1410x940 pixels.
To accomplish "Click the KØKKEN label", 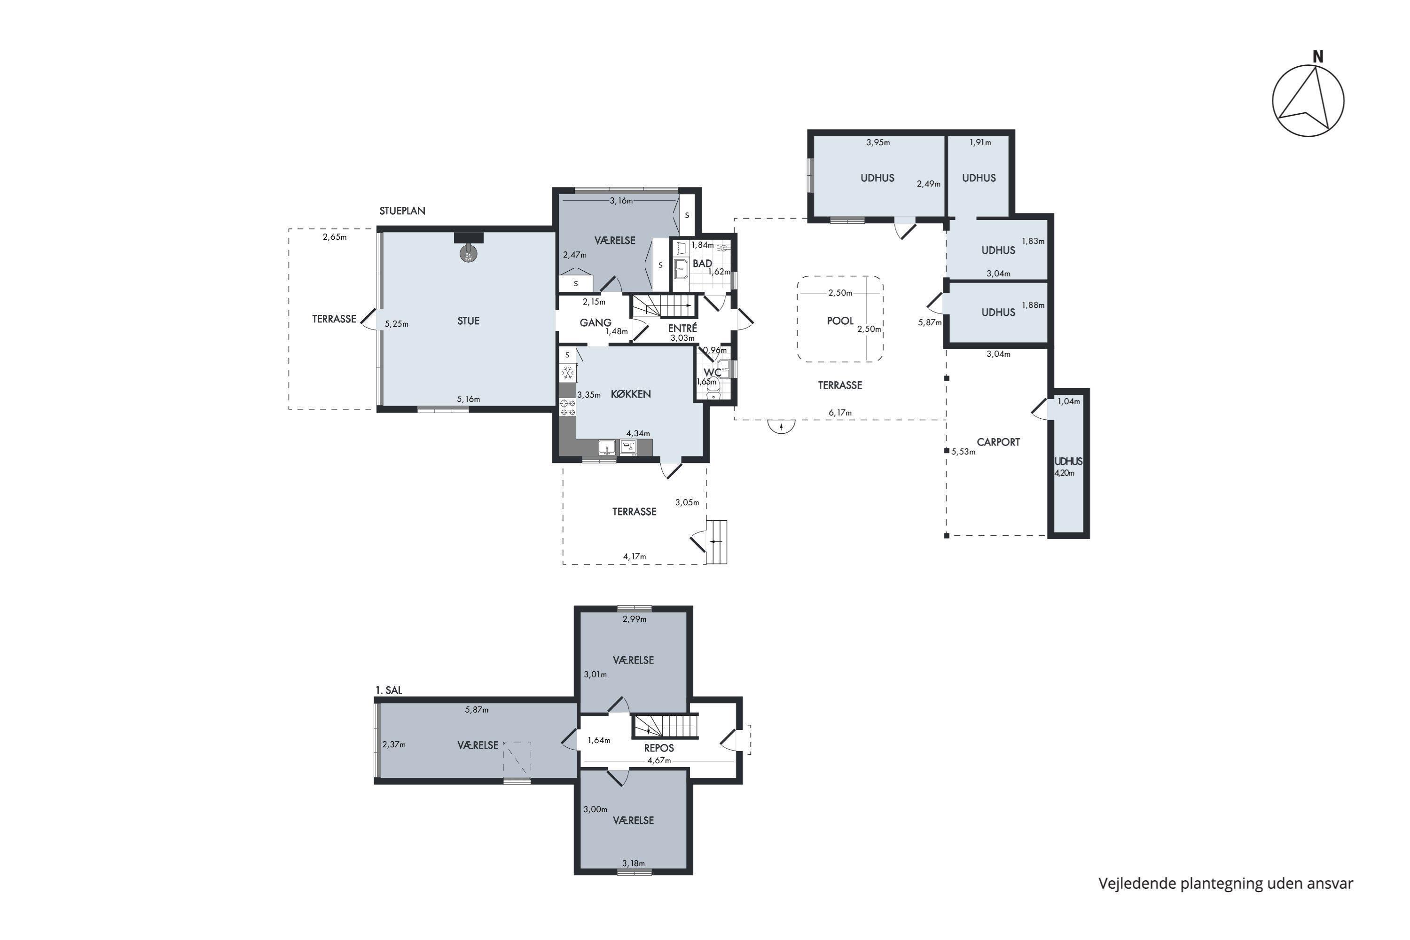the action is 631,394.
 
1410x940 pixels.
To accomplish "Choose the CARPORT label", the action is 998,442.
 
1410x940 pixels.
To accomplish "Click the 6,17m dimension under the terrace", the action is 840,413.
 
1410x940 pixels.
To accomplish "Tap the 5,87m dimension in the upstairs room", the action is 477,710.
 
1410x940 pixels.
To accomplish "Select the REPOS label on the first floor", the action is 659,748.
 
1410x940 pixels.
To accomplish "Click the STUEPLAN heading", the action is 402,211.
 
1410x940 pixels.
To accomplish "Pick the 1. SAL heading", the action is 389,690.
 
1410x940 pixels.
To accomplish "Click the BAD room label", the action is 702,264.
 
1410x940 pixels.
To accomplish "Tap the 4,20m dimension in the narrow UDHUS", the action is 1064,473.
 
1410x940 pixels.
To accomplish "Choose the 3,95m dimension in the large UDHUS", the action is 877,143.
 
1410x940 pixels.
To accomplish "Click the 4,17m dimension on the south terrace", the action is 634,557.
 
